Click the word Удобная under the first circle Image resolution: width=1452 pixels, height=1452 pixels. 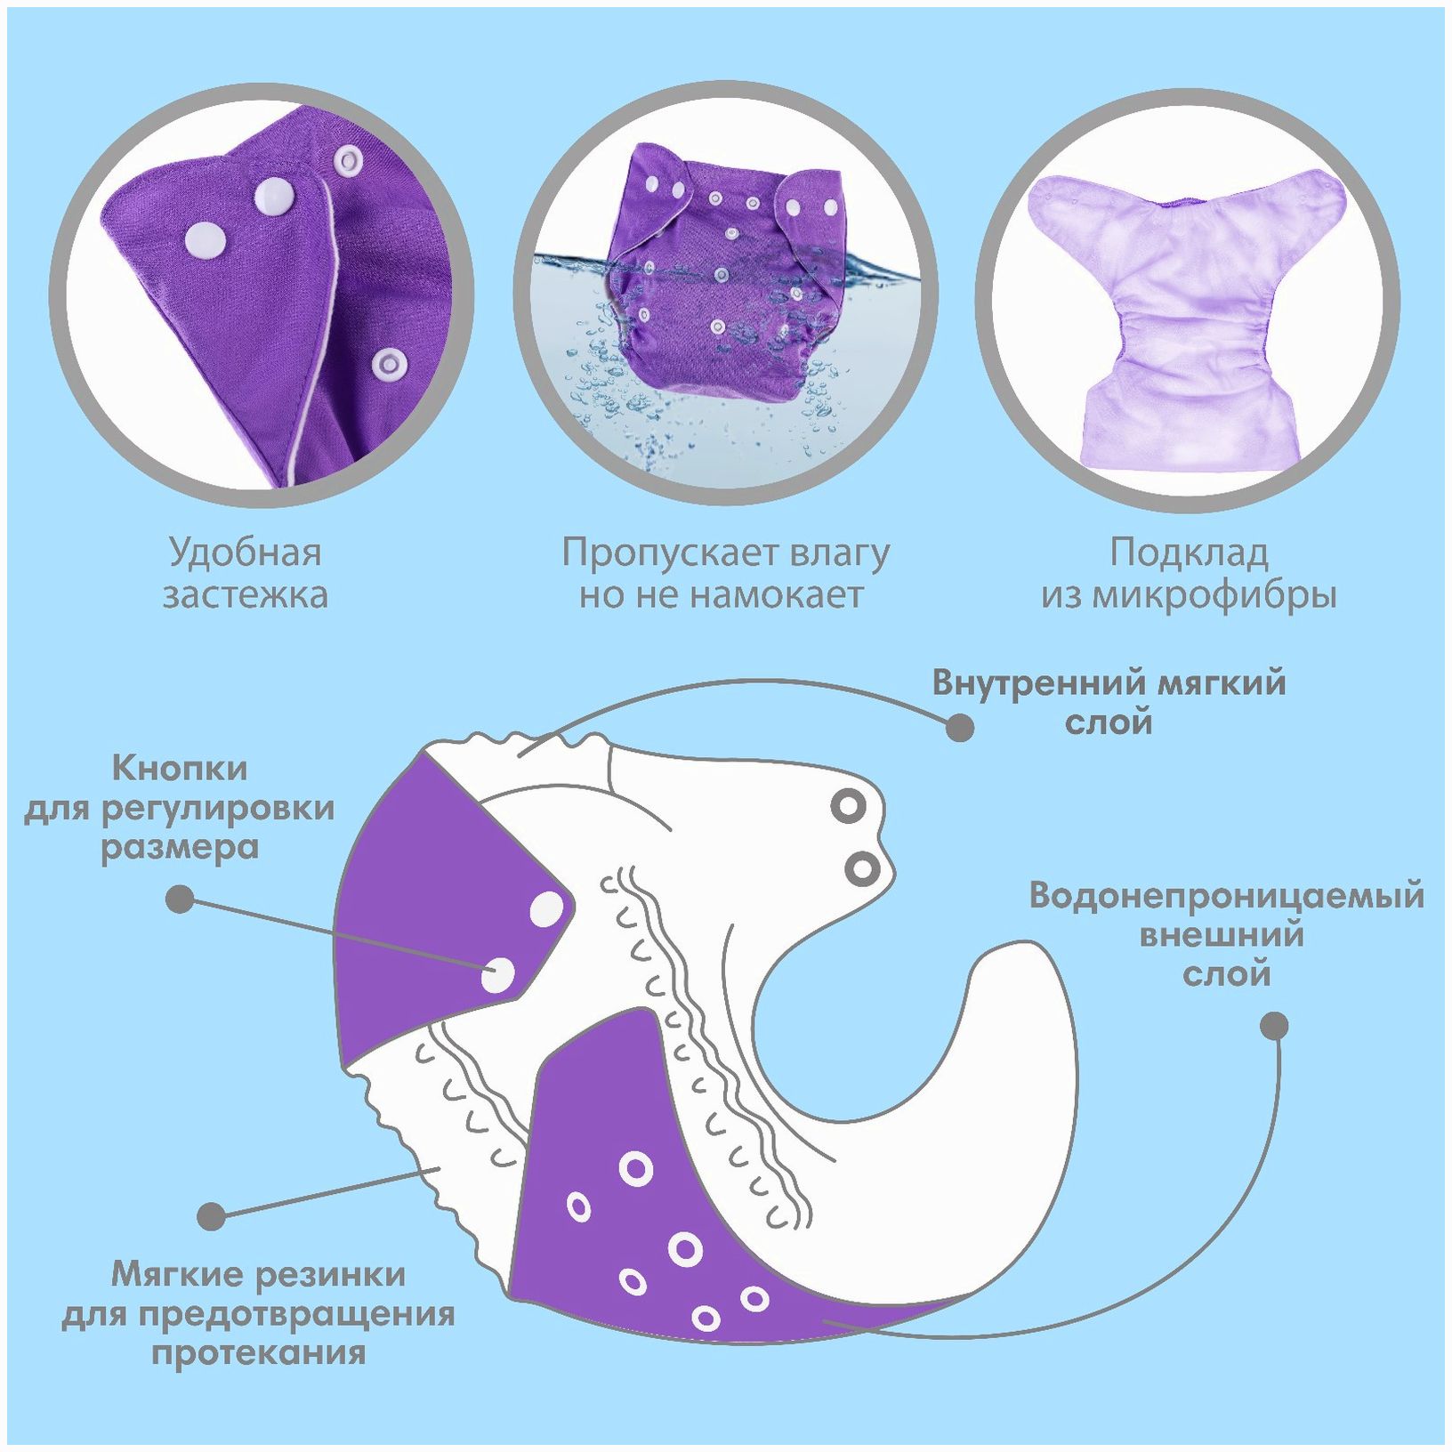click(245, 553)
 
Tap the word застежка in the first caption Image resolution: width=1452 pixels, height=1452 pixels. click(245, 594)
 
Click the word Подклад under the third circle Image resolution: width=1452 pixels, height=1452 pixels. click(1189, 553)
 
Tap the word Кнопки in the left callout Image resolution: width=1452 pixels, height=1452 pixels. click(181, 767)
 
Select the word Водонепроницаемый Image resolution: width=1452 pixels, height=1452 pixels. click(1226, 895)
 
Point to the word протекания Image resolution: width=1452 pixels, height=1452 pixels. click(258, 1353)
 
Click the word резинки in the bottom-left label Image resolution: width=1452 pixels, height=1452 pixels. click(331, 1274)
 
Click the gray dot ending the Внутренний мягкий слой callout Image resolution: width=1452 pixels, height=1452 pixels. click(959, 727)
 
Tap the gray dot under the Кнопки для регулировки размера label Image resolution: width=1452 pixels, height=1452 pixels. click(181, 899)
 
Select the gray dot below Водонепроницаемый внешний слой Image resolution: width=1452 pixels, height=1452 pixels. click(1275, 1025)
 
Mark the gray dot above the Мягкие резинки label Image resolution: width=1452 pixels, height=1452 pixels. click(212, 1215)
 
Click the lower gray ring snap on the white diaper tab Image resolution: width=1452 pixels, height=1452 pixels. click(861, 867)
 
